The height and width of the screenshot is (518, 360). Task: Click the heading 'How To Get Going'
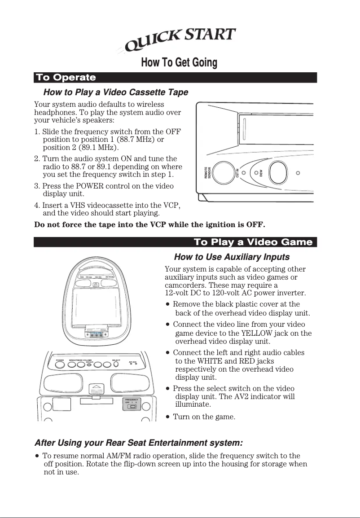(x=179, y=63)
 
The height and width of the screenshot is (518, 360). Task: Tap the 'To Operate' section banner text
(x=66, y=78)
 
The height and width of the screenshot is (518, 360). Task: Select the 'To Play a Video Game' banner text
(x=253, y=242)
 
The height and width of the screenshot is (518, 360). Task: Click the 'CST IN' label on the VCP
(x=237, y=173)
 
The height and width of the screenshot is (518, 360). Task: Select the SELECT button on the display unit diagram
(x=116, y=364)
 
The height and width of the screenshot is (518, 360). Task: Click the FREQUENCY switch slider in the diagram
(x=132, y=407)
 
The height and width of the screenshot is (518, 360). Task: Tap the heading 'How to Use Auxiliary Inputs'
(x=231, y=257)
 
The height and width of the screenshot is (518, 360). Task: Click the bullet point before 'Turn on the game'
(x=167, y=417)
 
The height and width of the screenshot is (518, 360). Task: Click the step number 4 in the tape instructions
(x=36, y=206)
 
